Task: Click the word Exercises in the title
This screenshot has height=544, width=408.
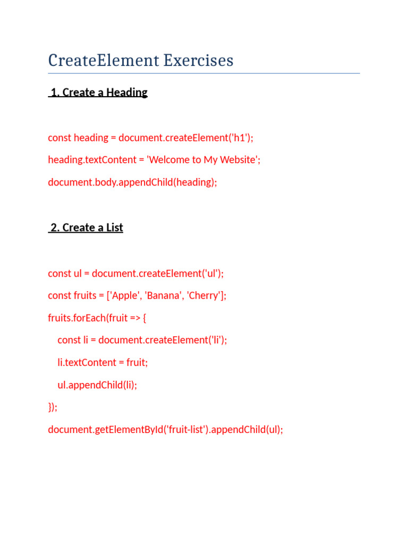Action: [198, 61]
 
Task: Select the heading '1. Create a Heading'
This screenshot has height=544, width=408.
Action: [98, 92]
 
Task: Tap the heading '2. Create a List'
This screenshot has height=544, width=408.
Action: [86, 228]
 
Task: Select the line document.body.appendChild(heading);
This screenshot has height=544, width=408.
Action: [133, 182]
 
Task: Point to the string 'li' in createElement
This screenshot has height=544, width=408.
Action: [217, 340]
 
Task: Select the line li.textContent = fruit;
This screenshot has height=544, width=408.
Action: [103, 362]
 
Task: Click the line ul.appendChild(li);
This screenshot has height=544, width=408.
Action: [97, 385]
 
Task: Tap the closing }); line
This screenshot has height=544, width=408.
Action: [53, 407]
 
